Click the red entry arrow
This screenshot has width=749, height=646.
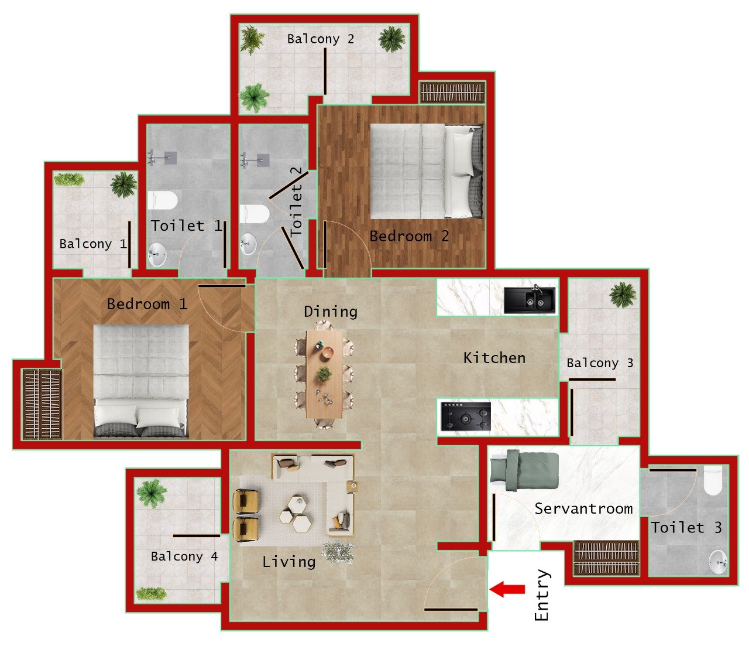[507, 589]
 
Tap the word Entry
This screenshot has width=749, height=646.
[542, 595]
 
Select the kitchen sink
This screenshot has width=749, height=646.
[530, 299]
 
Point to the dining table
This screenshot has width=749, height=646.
[324, 374]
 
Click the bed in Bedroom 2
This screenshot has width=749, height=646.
[427, 171]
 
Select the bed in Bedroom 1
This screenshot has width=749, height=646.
[141, 381]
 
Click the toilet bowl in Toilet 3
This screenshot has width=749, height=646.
[713, 481]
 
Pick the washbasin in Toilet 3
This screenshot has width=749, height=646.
[717, 562]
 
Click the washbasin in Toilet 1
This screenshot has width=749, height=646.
[157, 255]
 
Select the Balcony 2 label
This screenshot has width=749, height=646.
[321, 39]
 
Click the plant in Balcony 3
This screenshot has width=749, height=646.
[622, 294]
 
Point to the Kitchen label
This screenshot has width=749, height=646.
[494, 358]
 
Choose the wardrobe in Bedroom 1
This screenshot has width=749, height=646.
[42, 404]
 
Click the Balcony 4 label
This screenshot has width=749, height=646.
[184, 556]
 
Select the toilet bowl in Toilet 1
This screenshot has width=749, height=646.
[162, 200]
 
